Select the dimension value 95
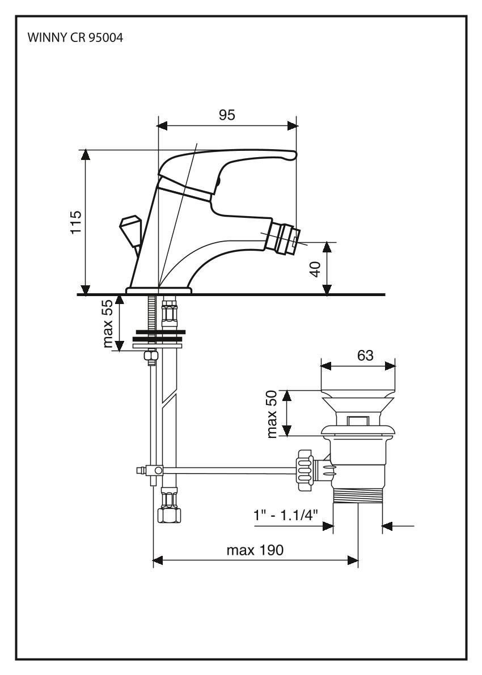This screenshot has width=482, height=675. (x=227, y=115)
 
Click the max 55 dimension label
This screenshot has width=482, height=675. (x=108, y=324)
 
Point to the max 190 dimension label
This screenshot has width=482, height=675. (x=255, y=550)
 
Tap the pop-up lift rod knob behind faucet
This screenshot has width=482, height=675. (x=129, y=230)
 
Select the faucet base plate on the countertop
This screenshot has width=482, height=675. (x=159, y=290)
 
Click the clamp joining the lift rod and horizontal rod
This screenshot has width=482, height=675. (x=153, y=470)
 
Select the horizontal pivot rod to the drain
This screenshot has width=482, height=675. (x=227, y=470)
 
